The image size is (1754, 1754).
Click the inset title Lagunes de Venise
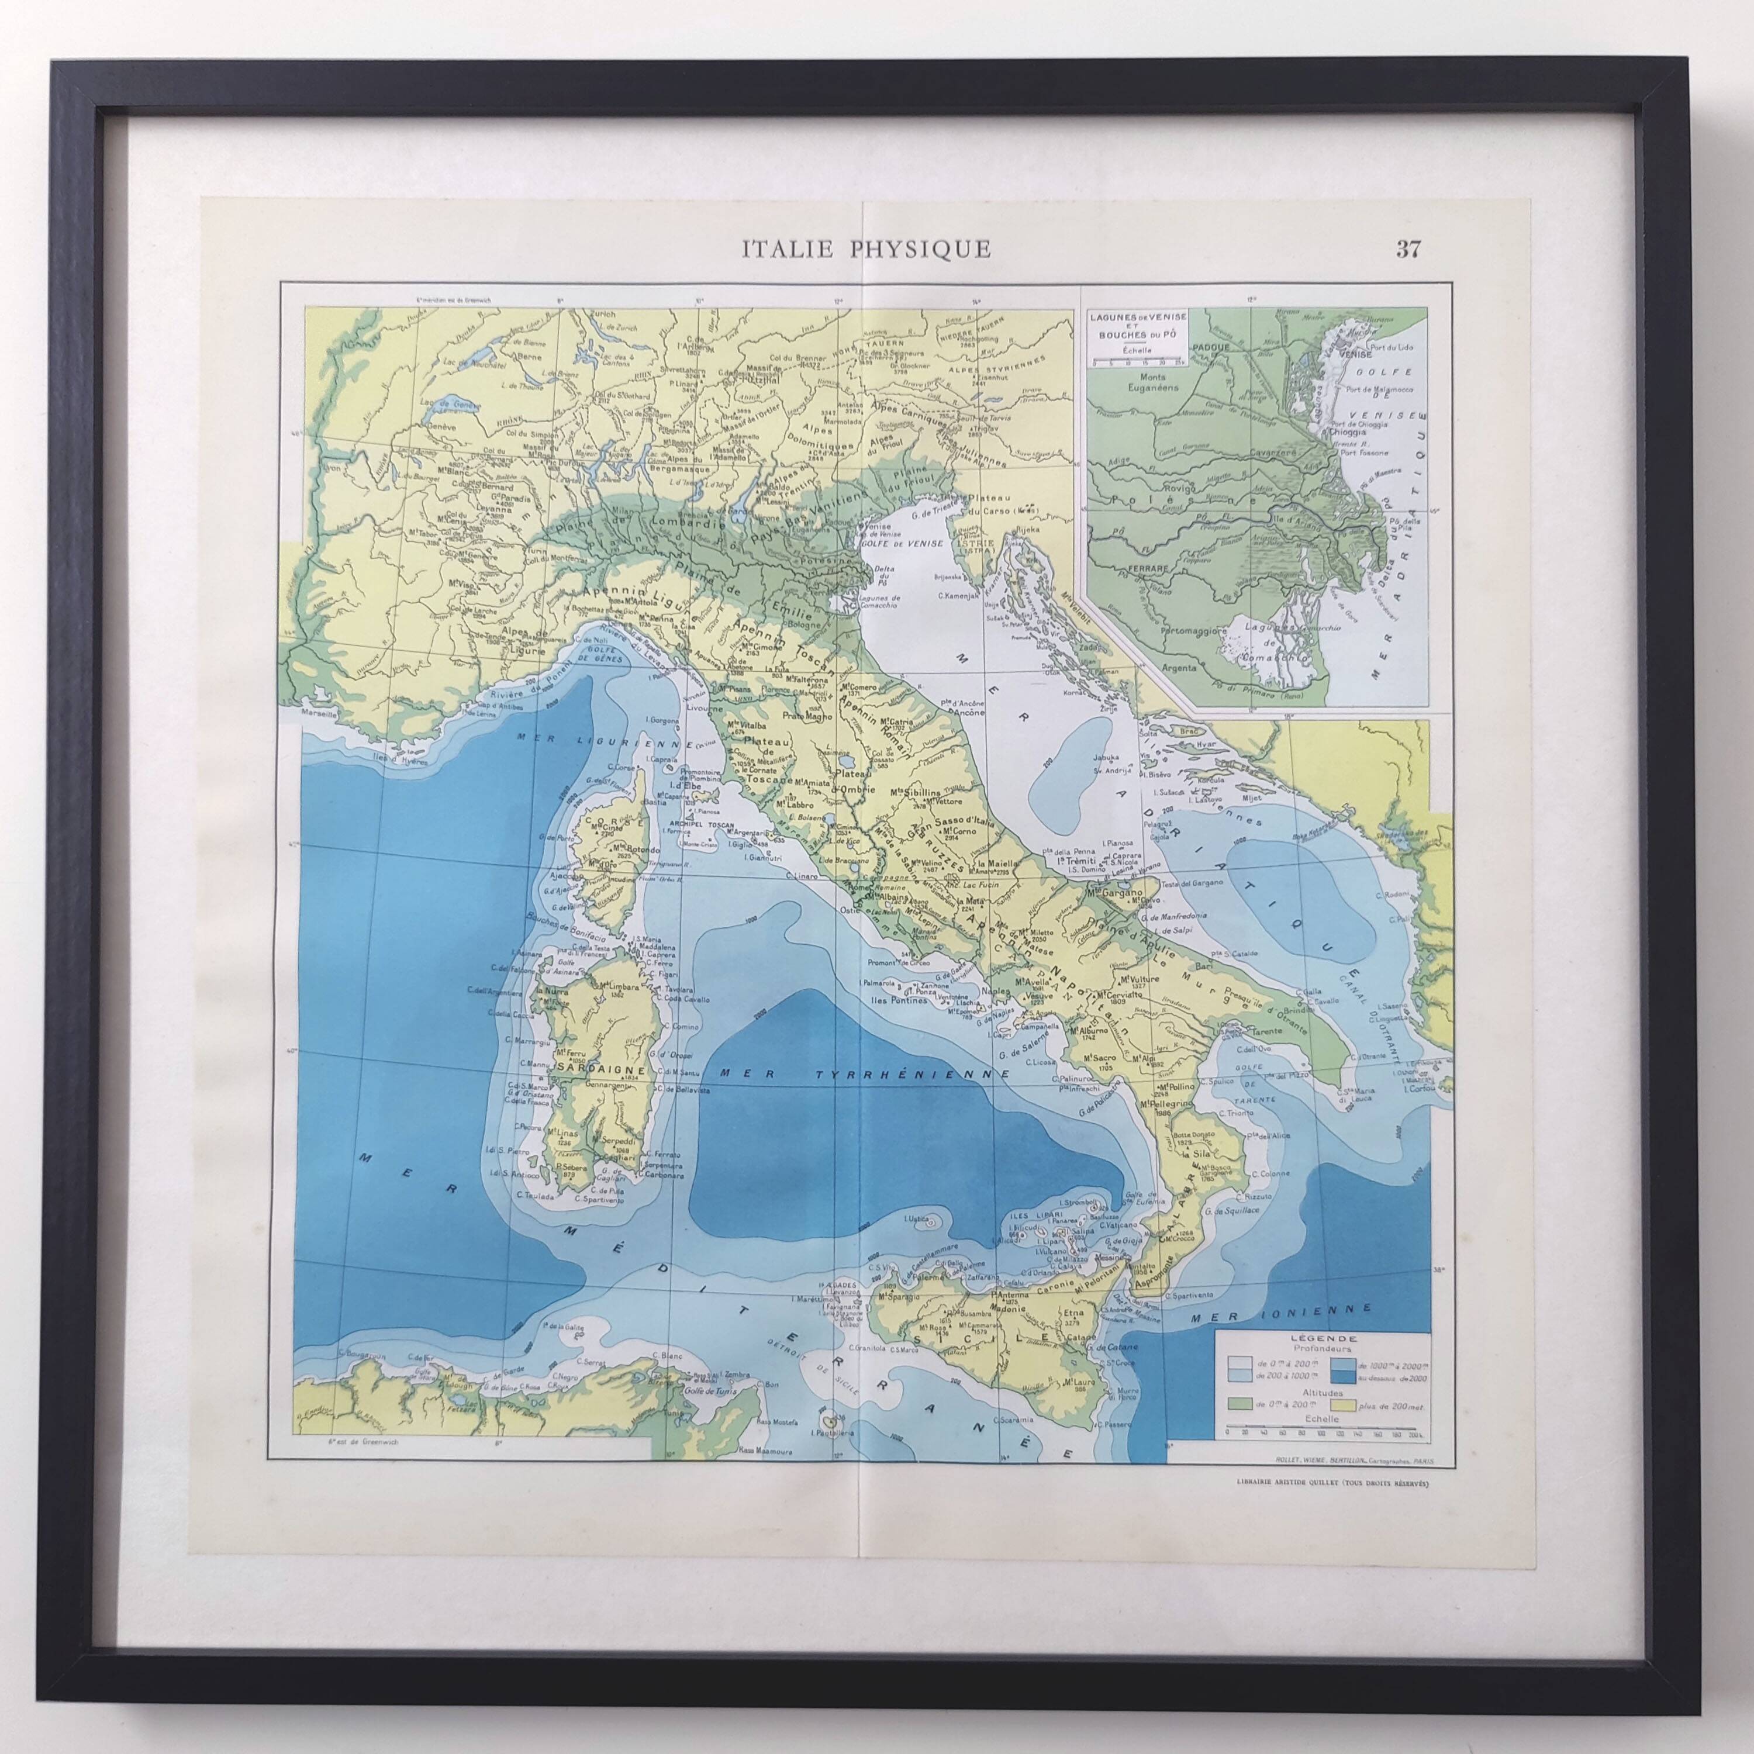click(1134, 315)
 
